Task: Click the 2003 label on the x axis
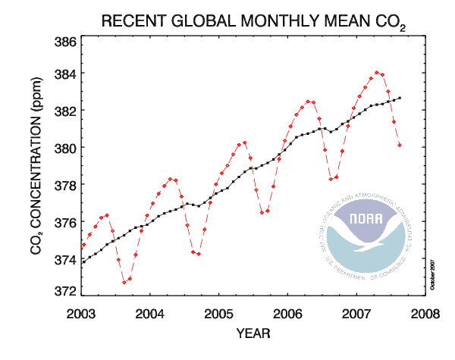point(83,313)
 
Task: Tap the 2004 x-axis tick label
point(151,313)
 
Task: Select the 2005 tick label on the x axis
point(219,313)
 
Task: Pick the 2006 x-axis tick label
point(287,313)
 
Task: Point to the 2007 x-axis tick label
point(356,313)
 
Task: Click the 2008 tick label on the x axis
point(424,313)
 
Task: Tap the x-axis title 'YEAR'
point(253,332)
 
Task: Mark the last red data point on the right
point(400,145)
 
